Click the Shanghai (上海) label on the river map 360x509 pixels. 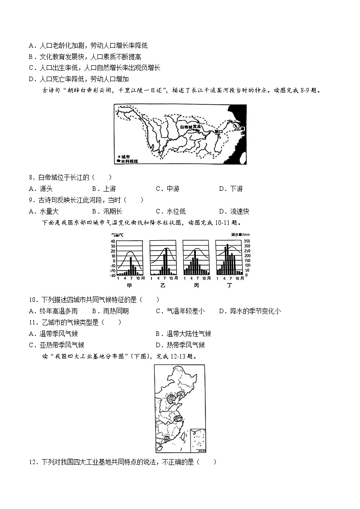click(x=239, y=129)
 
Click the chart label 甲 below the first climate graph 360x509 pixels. click(x=129, y=286)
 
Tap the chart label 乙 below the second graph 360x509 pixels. click(x=162, y=286)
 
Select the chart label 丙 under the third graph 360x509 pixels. click(x=196, y=286)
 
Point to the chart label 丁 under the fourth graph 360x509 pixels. click(x=229, y=286)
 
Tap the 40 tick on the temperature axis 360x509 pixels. click(x=112, y=241)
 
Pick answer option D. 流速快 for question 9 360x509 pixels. click(x=234, y=211)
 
